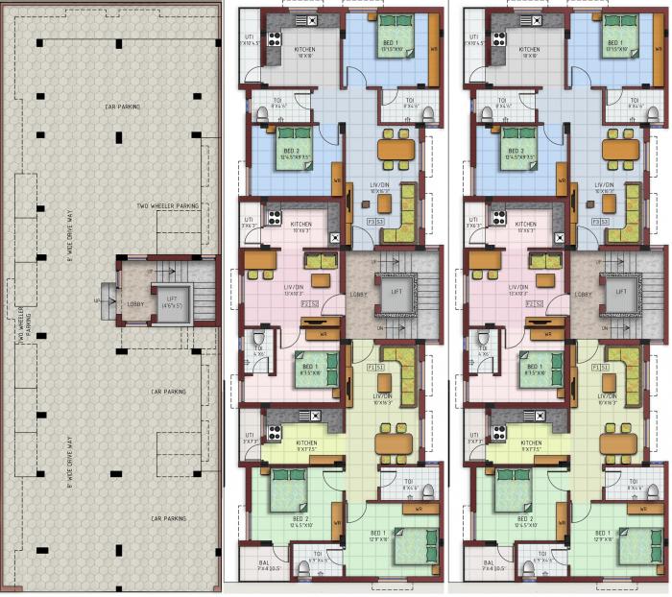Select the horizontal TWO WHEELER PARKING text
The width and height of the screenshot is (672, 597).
coord(168,205)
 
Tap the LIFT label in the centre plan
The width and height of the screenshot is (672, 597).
coord(396,291)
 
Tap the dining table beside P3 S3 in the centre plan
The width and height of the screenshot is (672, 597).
coord(395,149)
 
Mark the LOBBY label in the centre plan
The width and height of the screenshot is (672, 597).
coord(358,295)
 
